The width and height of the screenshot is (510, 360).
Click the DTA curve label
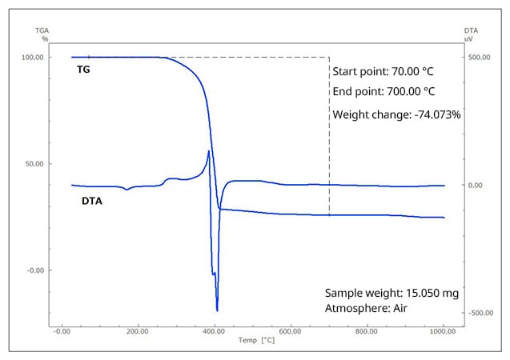pos(92,201)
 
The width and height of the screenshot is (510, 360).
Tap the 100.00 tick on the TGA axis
pos(32,58)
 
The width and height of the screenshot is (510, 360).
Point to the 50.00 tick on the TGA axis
pos(34,163)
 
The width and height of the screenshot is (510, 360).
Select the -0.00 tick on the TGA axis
pos(34,270)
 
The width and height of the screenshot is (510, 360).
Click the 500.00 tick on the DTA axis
pos(477,58)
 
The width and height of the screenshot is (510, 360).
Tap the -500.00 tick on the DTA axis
pos(478,313)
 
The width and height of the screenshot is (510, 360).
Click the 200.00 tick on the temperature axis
pos(139,330)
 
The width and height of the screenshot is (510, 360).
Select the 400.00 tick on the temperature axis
pos(215,330)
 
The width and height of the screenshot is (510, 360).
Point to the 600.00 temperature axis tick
pos(291,330)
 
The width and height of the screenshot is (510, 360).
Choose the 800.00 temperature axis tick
pos(367,330)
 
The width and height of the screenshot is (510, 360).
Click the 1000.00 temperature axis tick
pos(443,330)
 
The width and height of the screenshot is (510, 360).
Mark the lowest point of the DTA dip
pos(217,310)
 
